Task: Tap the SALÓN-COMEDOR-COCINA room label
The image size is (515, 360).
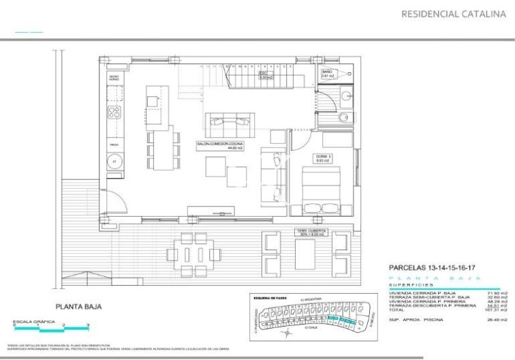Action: click(219, 146)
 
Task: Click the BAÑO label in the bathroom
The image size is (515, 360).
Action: click(328, 74)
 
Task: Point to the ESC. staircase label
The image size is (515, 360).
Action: click(265, 76)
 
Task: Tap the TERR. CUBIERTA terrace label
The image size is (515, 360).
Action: click(311, 232)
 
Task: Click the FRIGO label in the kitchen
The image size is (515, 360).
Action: click(114, 145)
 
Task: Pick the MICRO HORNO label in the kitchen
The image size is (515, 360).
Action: click(114, 78)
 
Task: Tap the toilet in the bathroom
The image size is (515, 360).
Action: click(345, 118)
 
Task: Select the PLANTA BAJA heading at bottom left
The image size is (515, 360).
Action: click(78, 307)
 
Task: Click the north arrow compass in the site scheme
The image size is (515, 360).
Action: click(288, 333)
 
